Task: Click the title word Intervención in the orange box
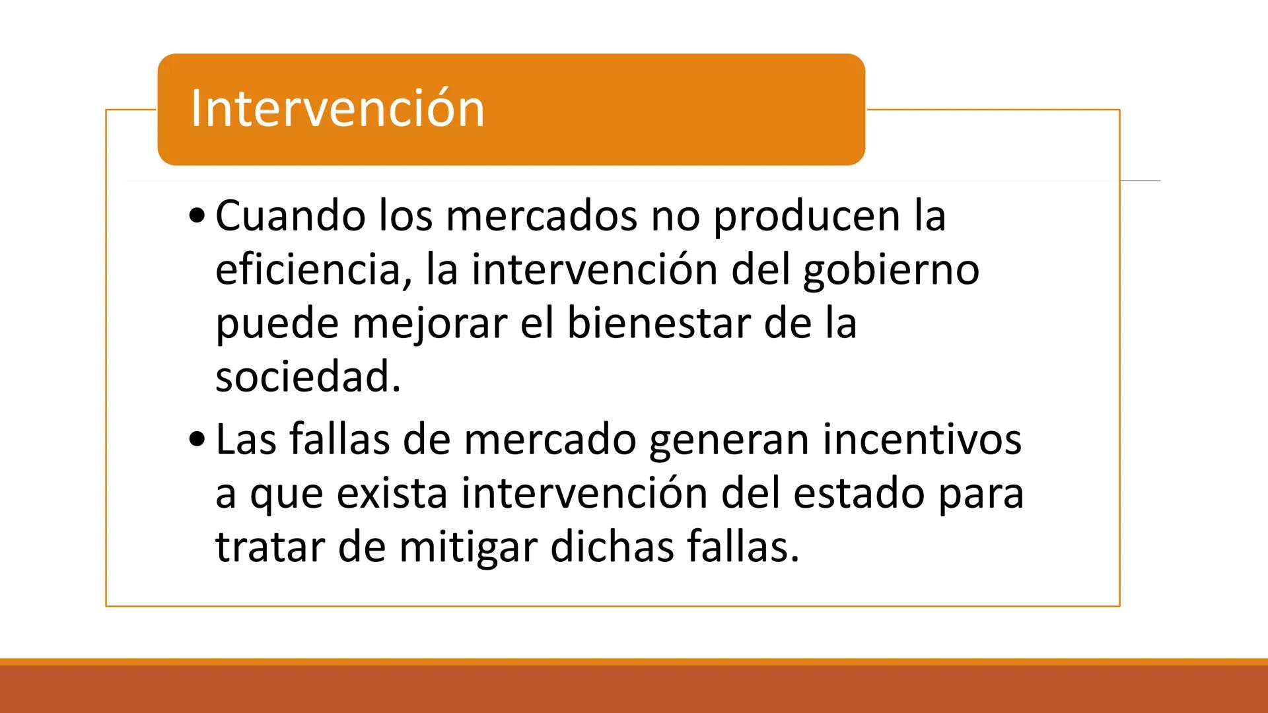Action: (x=337, y=109)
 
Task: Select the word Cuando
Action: (x=290, y=216)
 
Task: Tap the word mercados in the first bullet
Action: (x=542, y=216)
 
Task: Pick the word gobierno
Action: (x=891, y=271)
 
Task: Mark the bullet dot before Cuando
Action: (x=197, y=216)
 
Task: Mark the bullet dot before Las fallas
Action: (x=197, y=439)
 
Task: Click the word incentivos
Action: (x=923, y=439)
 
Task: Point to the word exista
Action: (x=392, y=493)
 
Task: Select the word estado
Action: (x=858, y=493)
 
